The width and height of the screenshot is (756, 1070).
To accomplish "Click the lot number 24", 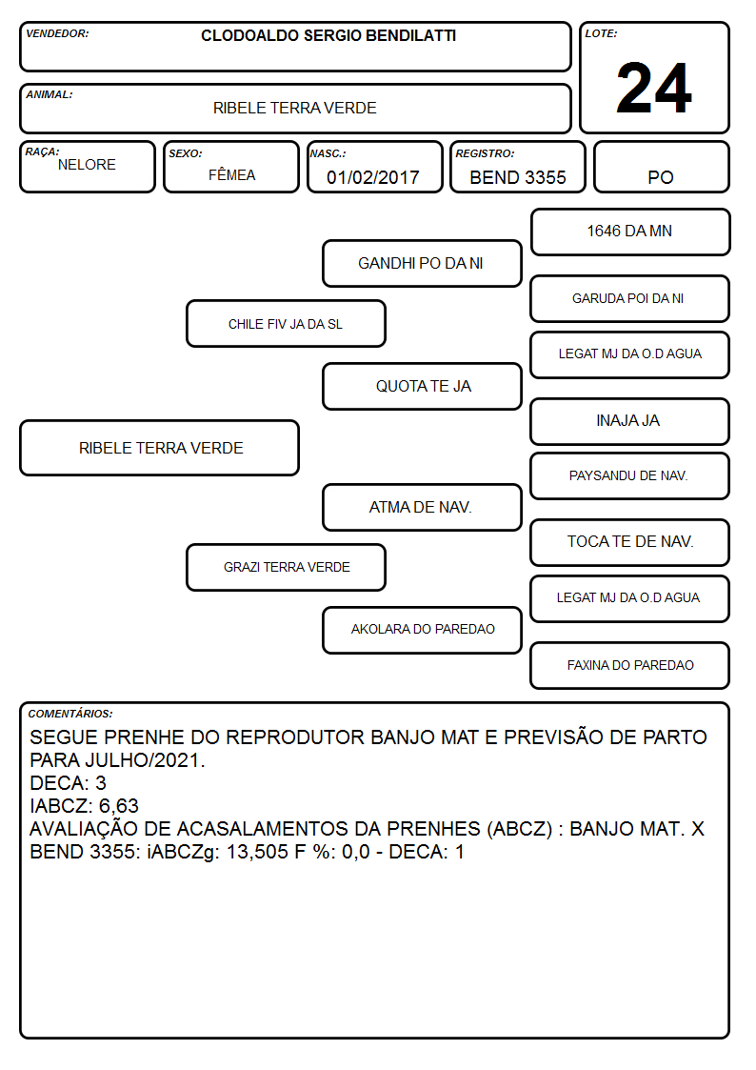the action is click(x=654, y=88).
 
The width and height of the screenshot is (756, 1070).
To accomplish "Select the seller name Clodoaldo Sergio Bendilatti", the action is click(x=328, y=35).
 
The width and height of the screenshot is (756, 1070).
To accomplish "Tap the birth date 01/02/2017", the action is click(x=373, y=177).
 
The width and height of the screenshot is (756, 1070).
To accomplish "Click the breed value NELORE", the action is click(x=87, y=165).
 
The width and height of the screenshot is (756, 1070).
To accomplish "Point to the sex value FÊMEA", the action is click(x=231, y=175).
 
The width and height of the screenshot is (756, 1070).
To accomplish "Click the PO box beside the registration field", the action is click(x=661, y=167).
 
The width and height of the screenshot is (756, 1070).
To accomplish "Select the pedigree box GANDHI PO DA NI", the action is click(x=422, y=263).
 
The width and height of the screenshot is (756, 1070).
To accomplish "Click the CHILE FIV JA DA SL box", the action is click(x=286, y=323).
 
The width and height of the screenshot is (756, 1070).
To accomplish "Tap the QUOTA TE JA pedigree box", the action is click(x=422, y=386).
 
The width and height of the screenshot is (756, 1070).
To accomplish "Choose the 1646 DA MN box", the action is click(x=630, y=232).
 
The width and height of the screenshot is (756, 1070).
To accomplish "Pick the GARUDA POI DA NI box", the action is click(x=630, y=298).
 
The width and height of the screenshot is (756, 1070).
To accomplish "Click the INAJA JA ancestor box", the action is click(x=630, y=421).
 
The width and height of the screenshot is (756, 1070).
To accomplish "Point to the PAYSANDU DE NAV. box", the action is click(x=630, y=475).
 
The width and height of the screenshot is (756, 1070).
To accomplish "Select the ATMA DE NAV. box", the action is click(x=422, y=507).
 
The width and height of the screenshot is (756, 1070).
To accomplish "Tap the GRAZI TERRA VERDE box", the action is click(x=286, y=567).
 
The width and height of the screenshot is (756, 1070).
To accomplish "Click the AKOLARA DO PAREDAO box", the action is click(x=422, y=630).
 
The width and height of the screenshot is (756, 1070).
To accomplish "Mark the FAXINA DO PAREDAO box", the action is click(x=630, y=665).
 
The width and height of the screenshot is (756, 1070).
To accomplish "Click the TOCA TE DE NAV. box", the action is click(x=630, y=542).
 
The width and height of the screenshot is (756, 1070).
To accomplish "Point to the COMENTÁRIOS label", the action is click(x=70, y=714).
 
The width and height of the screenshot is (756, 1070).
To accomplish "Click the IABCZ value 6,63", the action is click(x=119, y=806).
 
